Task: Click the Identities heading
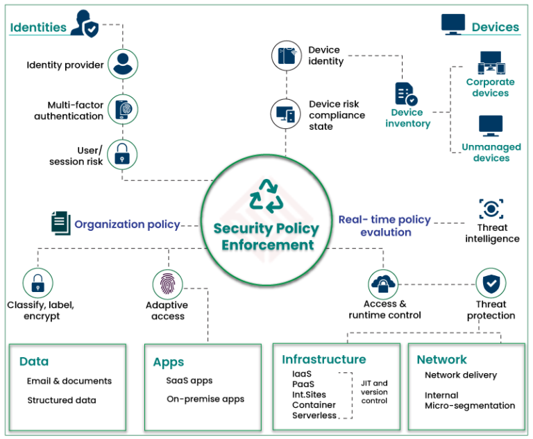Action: point(38,28)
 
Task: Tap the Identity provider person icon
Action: point(123,64)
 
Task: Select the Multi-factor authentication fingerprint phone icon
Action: point(123,110)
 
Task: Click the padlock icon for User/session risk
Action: point(123,155)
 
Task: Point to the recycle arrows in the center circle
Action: point(266,196)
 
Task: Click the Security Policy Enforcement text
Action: point(266,236)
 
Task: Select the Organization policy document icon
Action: point(60,223)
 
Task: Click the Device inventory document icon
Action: point(406,94)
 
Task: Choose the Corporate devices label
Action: point(491,87)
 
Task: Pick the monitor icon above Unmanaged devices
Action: point(491,126)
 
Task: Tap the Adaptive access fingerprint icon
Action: point(167,284)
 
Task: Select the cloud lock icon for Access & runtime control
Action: point(384,283)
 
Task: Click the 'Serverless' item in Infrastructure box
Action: point(314,415)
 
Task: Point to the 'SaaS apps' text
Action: point(189,381)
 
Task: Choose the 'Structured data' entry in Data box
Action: point(62,400)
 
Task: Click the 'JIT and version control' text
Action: point(375,392)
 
